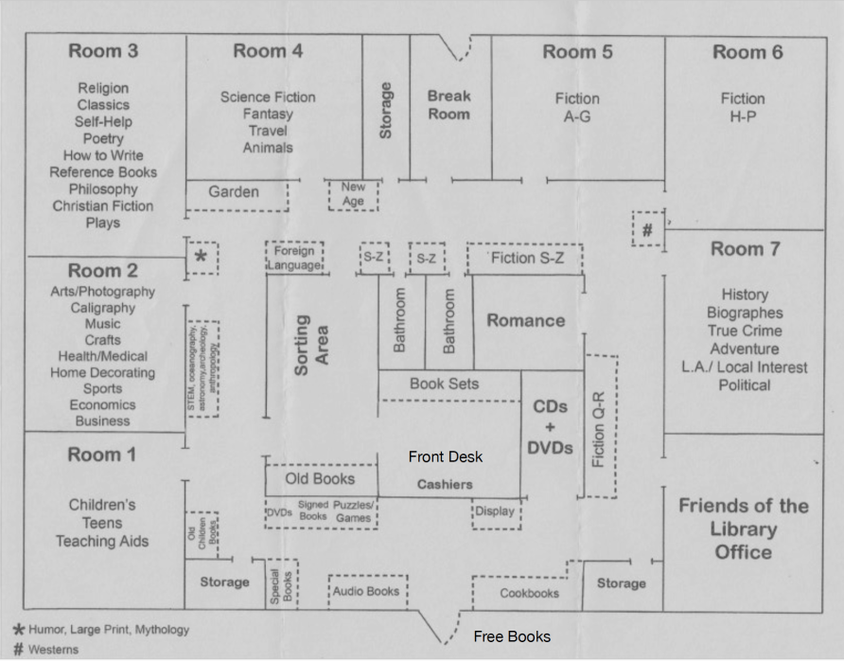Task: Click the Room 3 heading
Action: point(102,52)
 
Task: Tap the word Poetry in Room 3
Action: point(102,138)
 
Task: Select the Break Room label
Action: point(448,104)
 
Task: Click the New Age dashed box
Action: point(353,195)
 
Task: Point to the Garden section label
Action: point(234,192)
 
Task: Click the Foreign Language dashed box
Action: point(294,258)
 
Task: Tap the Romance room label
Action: point(525,320)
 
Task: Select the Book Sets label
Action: point(444,384)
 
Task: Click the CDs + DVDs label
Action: point(550,427)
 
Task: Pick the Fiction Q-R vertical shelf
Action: point(599,426)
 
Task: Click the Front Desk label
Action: point(446,456)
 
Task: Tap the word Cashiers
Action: point(445,484)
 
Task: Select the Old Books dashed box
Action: point(320,479)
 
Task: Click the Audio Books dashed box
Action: point(367,591)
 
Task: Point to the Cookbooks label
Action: point(529,594)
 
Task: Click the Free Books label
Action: point(512,636)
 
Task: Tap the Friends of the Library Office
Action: point(743,528)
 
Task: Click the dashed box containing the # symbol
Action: point(647,229)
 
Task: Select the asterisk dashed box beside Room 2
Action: point(201,258)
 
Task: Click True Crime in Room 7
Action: point(744,331)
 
